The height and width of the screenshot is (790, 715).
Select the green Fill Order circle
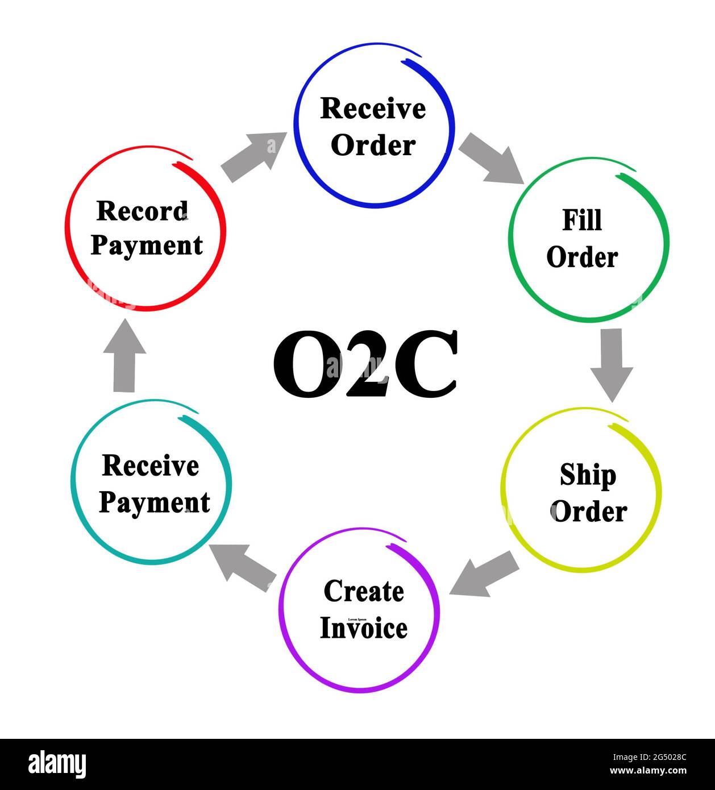click(x=588, y=239)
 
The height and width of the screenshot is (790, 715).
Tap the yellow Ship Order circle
click(x=581, y=490)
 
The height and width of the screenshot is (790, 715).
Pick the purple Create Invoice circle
click(x=359, y=610)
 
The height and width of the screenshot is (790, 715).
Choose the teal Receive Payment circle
click(x=152, y=484)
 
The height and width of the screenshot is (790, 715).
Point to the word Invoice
click(x=364, y=629)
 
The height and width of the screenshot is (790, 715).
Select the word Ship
click(x=588, y=475)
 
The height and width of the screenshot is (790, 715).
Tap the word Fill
click(x=582, y=220)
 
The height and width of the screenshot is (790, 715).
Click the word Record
click(x=142, y=211)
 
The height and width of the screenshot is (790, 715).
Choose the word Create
click(x=364, y=592)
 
